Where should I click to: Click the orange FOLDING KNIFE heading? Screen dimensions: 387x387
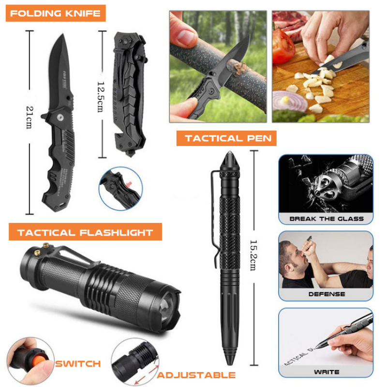pos(56,13)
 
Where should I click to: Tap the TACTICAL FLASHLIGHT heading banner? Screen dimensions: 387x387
pos(85,232)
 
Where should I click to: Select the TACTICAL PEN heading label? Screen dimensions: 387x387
pos(226,138)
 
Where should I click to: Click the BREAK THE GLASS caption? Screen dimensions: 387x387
pos(326,219)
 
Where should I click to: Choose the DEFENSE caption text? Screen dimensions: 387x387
pos(327,294)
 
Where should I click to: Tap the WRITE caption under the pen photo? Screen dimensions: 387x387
pos(327,372)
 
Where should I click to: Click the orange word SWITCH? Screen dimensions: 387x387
pos(78,363)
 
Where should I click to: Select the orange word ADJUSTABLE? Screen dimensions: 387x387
pos(196,375)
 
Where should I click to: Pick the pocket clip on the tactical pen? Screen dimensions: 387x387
pos(213,213)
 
